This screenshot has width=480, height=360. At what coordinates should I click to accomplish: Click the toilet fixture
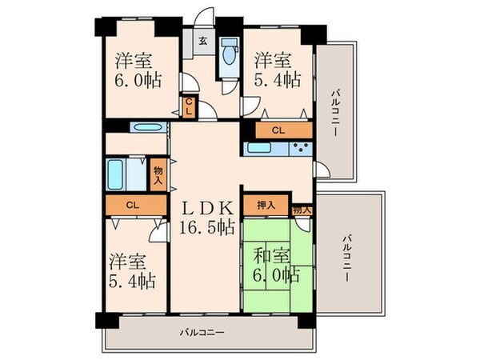230,55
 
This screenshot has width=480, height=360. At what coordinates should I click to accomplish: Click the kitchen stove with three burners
302,147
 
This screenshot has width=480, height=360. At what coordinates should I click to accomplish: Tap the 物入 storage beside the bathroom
158,173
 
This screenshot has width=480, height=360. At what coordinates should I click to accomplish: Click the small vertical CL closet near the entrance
189,106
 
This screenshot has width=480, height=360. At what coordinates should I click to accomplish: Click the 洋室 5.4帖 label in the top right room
277,70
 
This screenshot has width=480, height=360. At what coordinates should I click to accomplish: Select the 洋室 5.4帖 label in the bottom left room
132,271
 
